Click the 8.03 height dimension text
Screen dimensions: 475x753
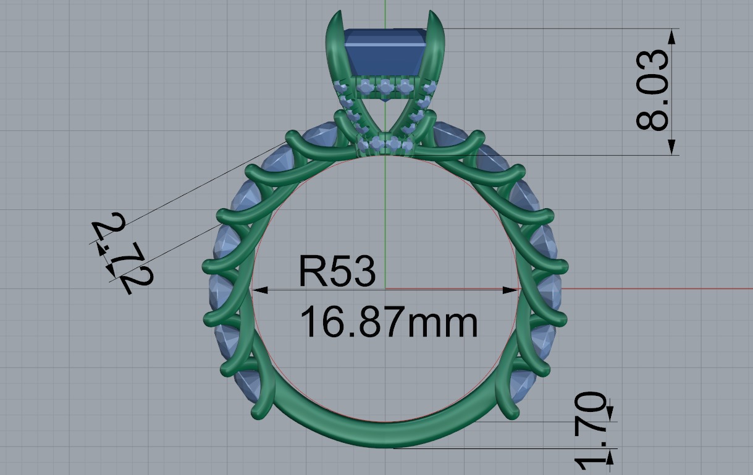[x=653, y=91]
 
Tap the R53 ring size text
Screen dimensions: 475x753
[x=337, y=272]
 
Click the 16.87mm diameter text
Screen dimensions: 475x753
[x=389, y=322]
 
